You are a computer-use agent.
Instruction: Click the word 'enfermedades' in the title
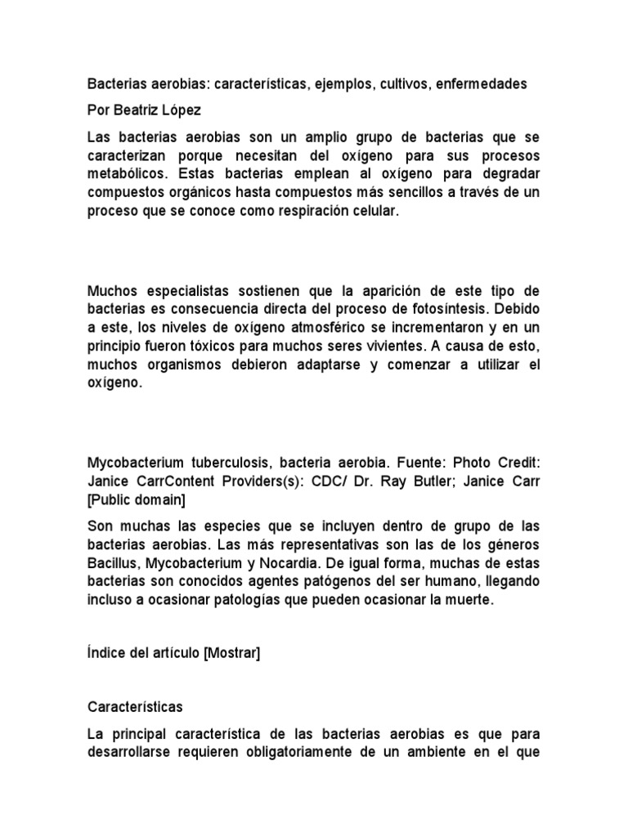(x=483, y=83)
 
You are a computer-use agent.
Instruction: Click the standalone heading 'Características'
(x=135, y=705)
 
